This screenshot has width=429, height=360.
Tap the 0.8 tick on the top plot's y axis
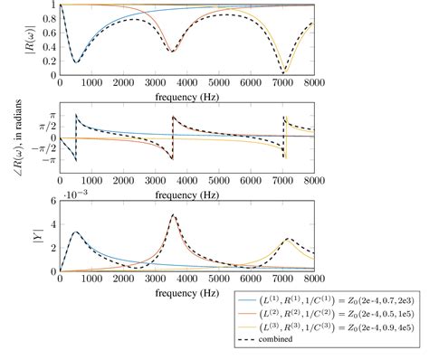(x=50, y=19)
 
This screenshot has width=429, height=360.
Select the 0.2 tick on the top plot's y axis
(x=50, y=62)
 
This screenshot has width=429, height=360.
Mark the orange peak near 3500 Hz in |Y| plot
(x=172, y=215)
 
